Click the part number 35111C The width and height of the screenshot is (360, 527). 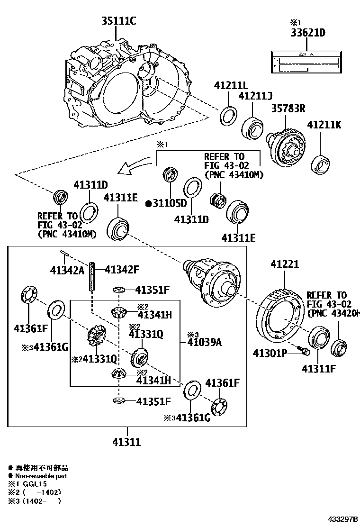(x=118, y=21)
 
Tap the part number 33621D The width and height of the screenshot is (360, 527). (x=308, y=33)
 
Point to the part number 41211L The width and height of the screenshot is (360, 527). (x=230, y=86)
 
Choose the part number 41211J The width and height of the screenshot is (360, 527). (x=255, y=96)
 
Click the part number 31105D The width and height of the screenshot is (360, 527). (x=166, y=203)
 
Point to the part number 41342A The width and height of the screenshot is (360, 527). (x=67, y=270)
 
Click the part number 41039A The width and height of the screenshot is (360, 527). (x=204, y=342)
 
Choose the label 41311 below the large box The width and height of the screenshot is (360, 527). (x=126, y=442)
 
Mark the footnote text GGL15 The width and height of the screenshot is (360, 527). (x=29, y=484)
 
